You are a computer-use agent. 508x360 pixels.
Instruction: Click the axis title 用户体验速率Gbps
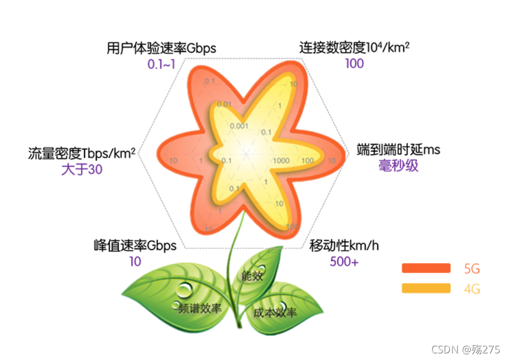click(x=161, y=48)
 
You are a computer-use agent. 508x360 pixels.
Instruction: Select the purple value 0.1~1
click(x=161, y=64)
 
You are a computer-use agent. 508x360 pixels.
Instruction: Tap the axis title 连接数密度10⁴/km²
click(x=354, y=48)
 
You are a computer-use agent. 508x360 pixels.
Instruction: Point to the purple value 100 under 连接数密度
click(x=354, y=63)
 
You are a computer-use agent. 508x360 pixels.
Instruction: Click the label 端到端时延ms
click(x=398, y=149)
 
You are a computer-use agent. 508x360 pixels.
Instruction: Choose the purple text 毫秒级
click(x=398, y=165)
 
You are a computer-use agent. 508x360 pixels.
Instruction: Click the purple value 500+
click(x=344, y=262)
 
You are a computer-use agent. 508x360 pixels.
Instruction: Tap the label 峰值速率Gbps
click(x=135, y=245)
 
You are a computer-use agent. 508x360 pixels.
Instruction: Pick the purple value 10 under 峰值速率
click(x=135, y=262)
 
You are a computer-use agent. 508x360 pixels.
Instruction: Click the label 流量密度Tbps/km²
click(x=82, y=153)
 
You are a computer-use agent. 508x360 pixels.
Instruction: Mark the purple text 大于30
click(x=82, y=170)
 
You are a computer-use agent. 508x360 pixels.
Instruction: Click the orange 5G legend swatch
click(x=426, y=268)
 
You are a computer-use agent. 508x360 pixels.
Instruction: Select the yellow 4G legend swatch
click(x=426, y=288)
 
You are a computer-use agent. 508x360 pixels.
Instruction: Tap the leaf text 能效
click(x=252, y=276)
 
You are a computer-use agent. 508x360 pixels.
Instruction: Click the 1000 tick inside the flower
click(x=281, y=161)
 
